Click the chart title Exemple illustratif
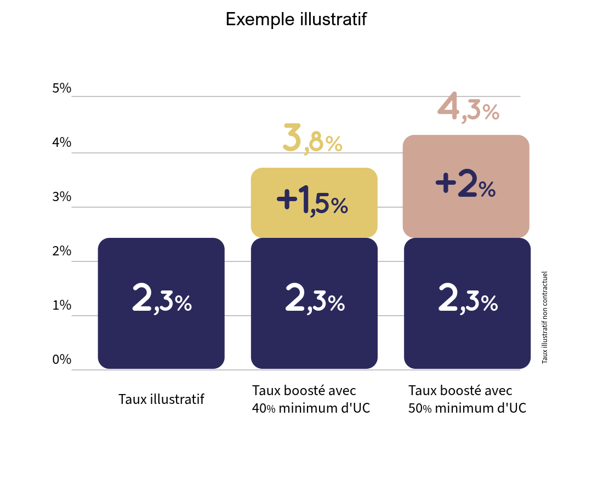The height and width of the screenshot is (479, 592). point(295,19)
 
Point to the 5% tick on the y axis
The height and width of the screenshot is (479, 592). point(62,88)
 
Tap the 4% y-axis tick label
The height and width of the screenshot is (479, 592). point(62,142)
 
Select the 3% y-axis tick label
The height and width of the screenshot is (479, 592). point(62,197)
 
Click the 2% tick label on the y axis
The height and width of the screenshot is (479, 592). point(62,251)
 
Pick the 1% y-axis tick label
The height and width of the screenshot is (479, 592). point(62,305)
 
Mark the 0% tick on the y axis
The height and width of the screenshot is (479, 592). point(62,360)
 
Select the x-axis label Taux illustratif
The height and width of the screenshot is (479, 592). point(161,399)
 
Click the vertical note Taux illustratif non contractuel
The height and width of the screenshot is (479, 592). point(544,317)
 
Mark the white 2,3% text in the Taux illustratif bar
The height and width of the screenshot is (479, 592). point(162,299)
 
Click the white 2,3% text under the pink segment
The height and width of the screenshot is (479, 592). point(468,299)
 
